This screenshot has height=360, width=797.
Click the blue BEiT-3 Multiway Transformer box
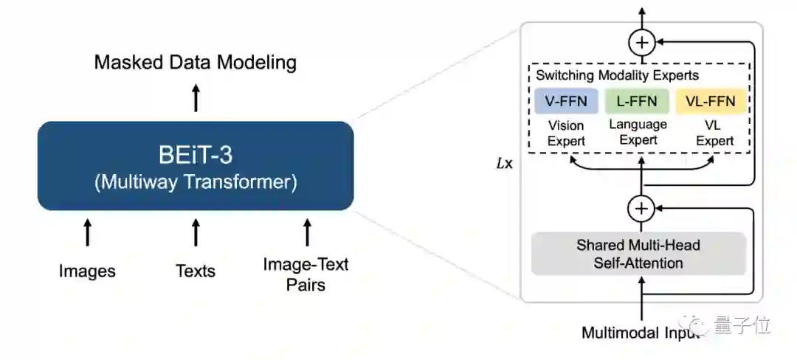196,166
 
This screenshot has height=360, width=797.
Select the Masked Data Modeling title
196,62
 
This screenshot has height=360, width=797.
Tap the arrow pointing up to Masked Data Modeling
196,97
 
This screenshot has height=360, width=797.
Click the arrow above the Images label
87,232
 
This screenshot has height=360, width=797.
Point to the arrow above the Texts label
196,232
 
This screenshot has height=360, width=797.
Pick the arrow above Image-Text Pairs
306,232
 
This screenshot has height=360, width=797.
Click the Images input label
87,271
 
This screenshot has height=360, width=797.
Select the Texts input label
196,271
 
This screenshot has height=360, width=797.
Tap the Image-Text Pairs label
306,274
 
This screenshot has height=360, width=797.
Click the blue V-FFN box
566,101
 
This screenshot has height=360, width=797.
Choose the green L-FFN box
637,101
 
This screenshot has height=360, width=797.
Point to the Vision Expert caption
566,133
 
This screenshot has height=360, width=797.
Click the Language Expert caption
638,132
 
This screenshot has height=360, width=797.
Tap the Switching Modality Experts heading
617,75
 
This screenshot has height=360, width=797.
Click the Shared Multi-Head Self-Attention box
639,254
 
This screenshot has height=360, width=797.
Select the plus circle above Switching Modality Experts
641,43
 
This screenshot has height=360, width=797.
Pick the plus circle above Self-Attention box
641,210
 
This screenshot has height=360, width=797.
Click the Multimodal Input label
639,332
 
